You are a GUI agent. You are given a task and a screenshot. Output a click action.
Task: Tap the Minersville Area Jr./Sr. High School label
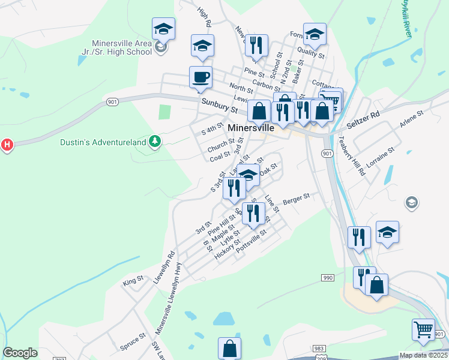[x=122, y=47]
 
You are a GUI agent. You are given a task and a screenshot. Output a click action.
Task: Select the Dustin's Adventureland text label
[x=103, y=142]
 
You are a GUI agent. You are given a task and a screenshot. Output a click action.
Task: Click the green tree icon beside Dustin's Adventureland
[x=155, y=141]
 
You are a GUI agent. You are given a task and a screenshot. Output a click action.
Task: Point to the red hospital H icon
[x=7, y=145]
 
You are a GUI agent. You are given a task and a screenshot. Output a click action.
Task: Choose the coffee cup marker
[x=201, y=77]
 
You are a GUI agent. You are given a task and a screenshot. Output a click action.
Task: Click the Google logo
[x=20, y=353]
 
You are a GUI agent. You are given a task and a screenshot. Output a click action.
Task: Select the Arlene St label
[x=412, y=118]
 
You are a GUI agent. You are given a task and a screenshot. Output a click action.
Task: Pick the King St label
[x=133, y=280]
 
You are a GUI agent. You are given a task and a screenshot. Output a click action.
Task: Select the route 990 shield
[x=327, y=277]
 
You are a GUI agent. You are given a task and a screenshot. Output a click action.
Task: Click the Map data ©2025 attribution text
[x=424, y=355]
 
